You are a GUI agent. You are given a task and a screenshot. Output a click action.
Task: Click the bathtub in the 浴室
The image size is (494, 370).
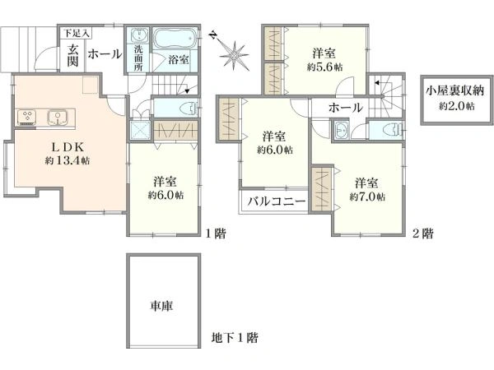coord(173,39)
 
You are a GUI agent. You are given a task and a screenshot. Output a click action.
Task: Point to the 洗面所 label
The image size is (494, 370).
coord(137,60)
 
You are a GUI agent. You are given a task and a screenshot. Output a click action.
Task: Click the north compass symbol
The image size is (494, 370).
coord(235,53)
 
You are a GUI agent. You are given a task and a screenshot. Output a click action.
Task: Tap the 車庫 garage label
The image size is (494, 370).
coord(161,307)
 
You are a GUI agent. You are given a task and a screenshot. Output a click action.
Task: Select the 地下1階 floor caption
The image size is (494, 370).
coord(235,337)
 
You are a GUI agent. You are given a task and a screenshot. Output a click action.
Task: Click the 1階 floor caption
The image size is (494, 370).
coord(215,234)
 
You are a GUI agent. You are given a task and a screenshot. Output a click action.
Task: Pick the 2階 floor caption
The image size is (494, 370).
coord(422,234)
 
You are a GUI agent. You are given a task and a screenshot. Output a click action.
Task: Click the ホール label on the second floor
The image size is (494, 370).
coord(345,109)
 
